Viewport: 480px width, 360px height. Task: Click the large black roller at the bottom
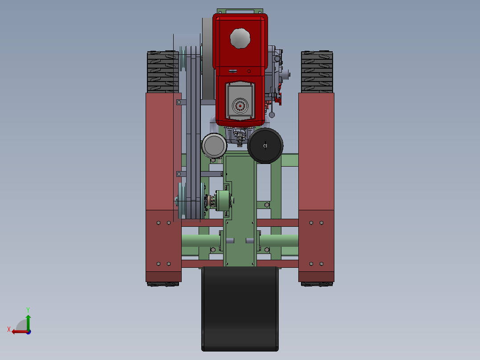tap(240, 308)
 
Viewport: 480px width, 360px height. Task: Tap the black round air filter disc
tap(265, 146)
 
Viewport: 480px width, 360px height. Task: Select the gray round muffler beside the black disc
tap(214, 146)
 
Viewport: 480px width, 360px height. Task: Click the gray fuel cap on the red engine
tap(240, 38)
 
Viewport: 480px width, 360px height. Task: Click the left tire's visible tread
tap(163, 72)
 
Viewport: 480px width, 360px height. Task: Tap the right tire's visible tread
tap(317, 72)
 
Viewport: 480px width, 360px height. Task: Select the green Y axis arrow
tap(28, 322)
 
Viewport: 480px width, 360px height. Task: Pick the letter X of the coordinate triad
tap(9, 329)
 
